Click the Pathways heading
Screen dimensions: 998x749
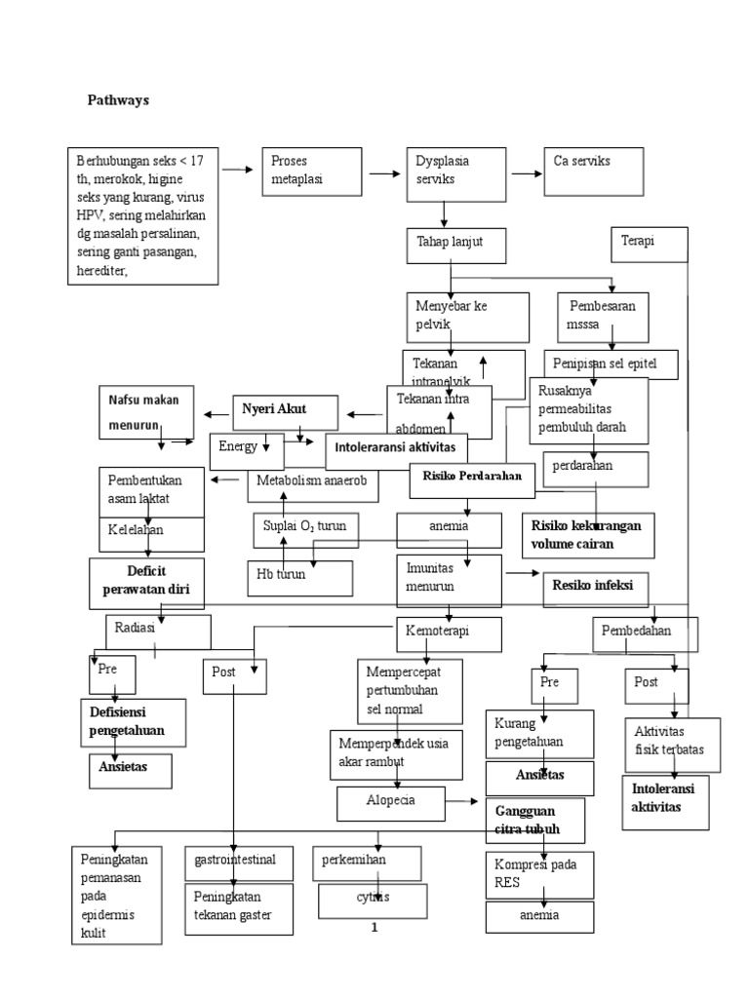(118, 99)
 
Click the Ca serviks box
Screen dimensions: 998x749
(592, 171)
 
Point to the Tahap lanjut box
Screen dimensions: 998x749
(456, 244)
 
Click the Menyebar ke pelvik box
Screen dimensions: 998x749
(466, 316)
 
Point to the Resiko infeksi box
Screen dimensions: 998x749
(594, 589)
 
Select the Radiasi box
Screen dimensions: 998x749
(158, 631)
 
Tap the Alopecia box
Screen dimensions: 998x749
(389, 803)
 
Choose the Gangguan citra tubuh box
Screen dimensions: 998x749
(535, 820)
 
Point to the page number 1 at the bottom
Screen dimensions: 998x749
(374, 927)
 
